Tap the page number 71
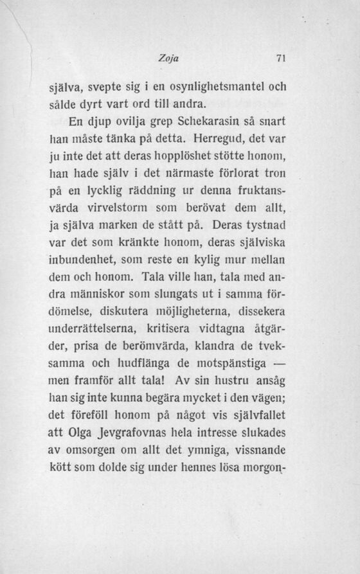[280, 58]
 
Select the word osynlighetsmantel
[214, 85]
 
